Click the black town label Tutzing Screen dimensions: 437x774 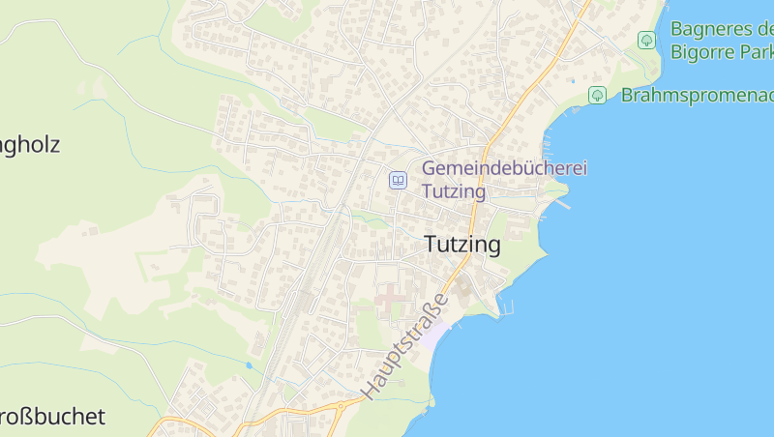[462, 246]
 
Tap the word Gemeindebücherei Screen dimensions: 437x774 [504, 168]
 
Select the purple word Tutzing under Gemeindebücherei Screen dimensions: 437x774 [454, 189]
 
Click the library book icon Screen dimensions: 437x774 [398, 180]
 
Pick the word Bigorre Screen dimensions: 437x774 [707, 51]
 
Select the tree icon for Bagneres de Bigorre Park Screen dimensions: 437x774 [646, 40]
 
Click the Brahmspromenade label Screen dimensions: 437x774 [697, 95]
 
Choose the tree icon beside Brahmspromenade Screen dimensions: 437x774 [597, 95]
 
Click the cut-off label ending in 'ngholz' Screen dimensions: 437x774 [29, 145]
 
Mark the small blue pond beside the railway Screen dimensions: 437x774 [249, 365]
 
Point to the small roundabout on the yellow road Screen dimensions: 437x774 [339, 407]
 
